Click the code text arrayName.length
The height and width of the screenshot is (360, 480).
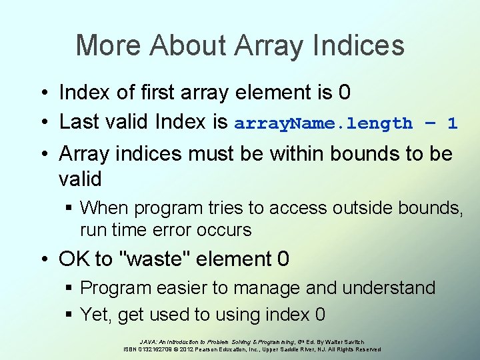coord(323,123)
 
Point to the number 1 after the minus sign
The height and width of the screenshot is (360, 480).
coord(453,123)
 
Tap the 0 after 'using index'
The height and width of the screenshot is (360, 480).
coord(321,314)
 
